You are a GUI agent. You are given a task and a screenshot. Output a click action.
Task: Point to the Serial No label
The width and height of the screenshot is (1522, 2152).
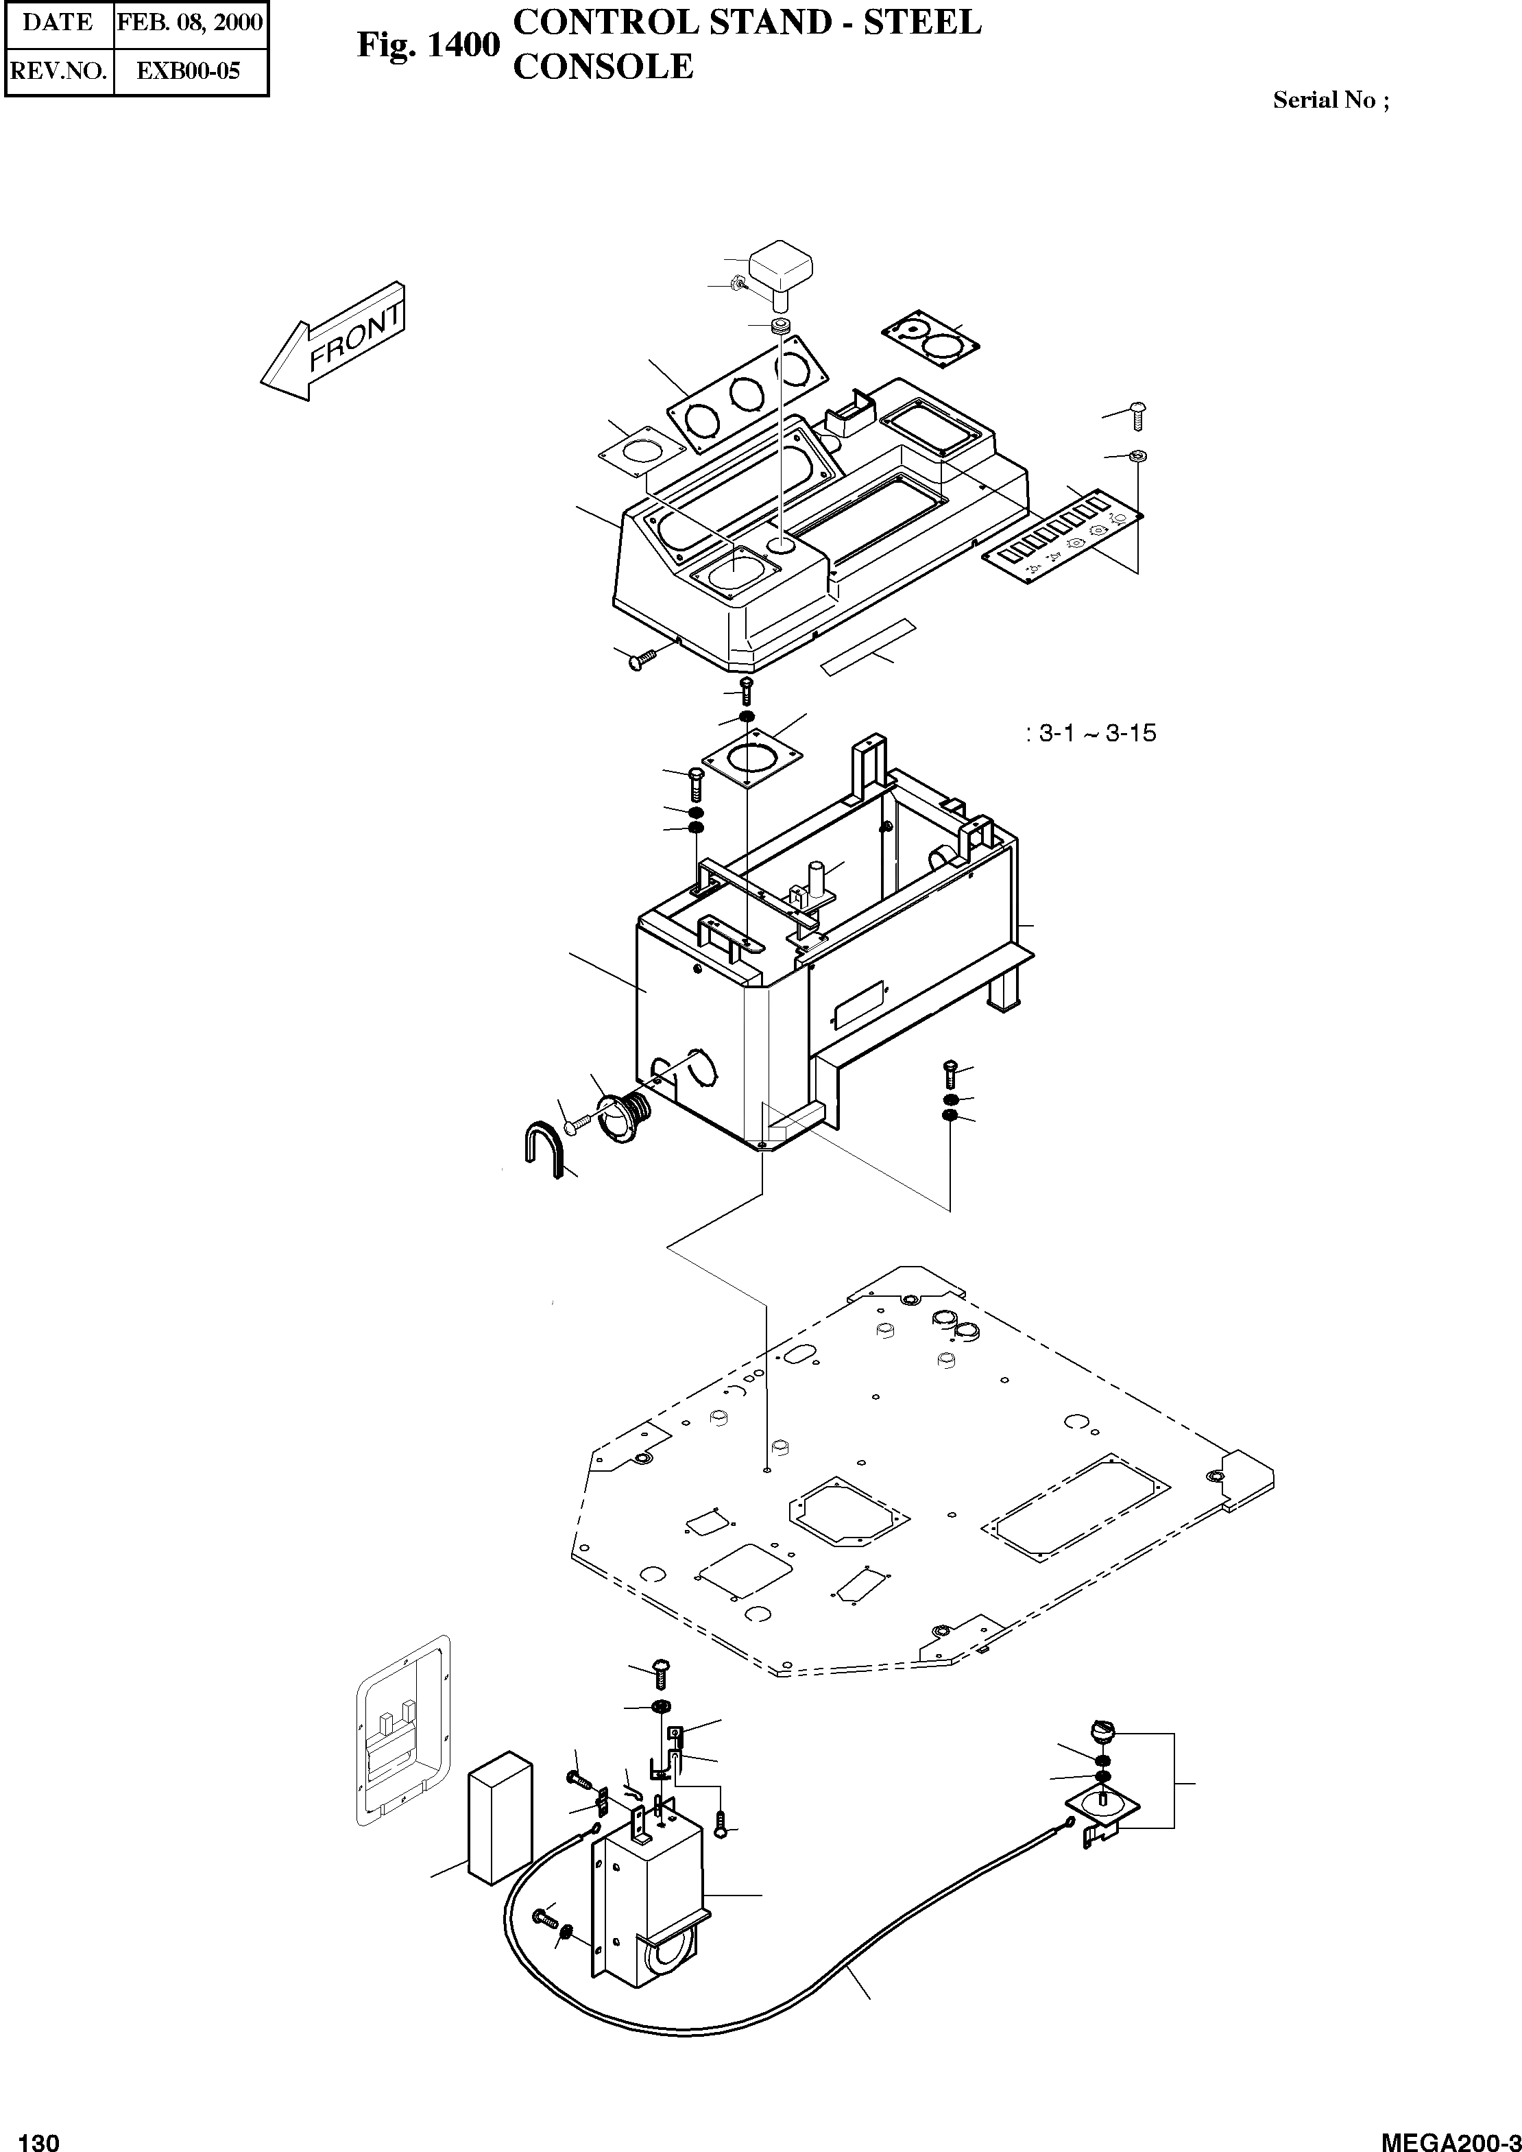(x=1330, y=100)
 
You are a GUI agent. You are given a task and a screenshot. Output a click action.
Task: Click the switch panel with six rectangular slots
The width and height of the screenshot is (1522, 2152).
(x=1063, y=537)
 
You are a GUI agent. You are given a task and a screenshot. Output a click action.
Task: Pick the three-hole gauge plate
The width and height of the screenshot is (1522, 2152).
(x=748, y=394)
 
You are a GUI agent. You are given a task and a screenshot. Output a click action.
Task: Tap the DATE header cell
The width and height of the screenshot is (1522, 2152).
(x=58, y=23)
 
